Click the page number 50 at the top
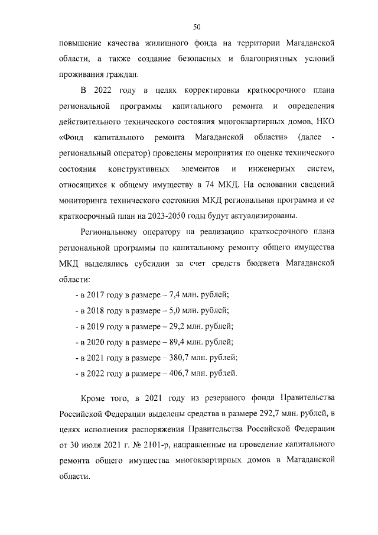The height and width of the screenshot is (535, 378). point(197,26)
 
